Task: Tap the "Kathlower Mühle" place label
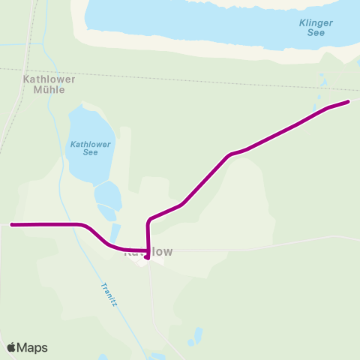43,83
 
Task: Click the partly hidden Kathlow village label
148,253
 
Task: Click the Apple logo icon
11,347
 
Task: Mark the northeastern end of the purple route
349,101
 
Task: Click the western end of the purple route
12,224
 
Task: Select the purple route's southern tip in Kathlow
147,257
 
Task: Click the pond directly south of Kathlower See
108,196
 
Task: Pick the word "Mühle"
43,89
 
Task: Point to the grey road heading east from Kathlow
262,244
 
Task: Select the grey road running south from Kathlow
153,300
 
